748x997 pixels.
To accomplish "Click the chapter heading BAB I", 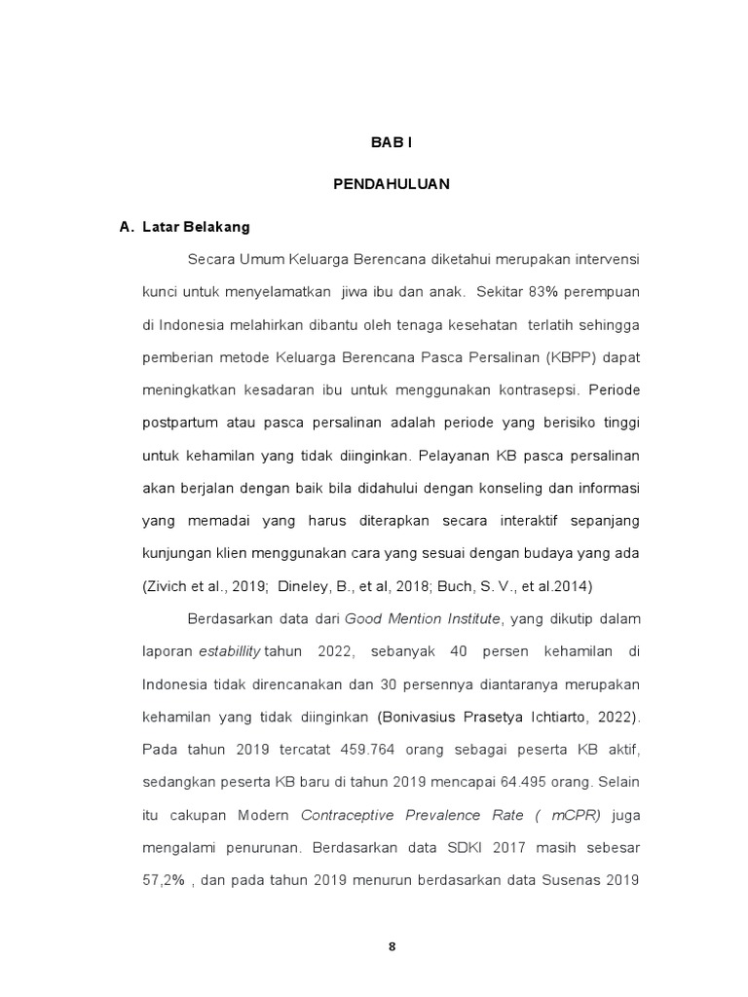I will coord(392,142).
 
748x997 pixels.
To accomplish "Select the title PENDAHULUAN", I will coord(392,185).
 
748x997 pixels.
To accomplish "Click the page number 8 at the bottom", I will coord(392,946).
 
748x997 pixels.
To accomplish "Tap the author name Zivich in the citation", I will coord(168,586).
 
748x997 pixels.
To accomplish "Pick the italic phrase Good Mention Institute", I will coord(423,618).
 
